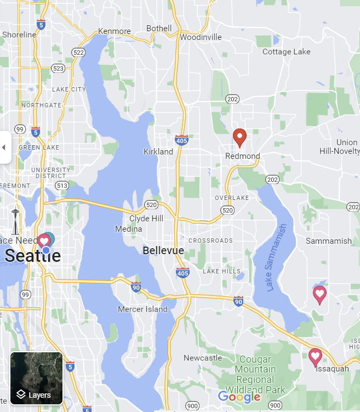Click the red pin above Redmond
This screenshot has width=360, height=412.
[239, 137]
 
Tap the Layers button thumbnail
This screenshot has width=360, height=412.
[37, 378]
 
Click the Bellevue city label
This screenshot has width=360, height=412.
[163, 250]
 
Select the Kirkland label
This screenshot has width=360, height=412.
[158, 152]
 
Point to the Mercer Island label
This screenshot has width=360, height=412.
[142, 309]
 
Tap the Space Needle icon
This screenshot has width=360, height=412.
[15, 222]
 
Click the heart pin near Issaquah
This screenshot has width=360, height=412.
[315, 357]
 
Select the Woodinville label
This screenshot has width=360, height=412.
[201, 37]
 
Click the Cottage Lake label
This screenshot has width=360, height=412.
[286, 52]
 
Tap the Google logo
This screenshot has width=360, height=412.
[239, 397]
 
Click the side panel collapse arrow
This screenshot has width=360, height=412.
[4, 147]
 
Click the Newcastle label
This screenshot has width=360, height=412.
[203, 358]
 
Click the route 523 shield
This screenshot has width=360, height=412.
[58, 68]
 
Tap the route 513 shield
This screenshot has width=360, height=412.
[62, 186]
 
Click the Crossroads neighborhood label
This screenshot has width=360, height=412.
[210, 241]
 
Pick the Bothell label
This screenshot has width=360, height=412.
[159, 28]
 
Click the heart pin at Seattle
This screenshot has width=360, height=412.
[44, 241]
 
